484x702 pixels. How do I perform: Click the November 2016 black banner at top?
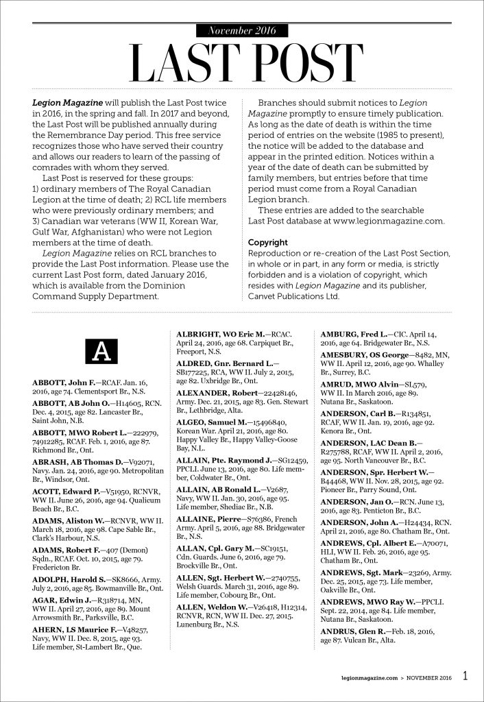point(241,30)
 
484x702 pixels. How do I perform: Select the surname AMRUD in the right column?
point(338,384)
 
